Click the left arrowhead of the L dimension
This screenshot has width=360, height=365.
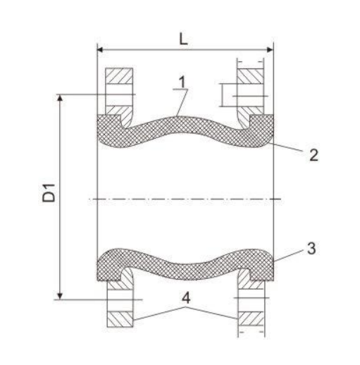tap(101, 50)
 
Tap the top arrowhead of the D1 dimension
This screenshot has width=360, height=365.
tap(61, 97)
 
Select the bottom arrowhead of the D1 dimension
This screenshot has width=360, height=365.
tap(61, 294)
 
